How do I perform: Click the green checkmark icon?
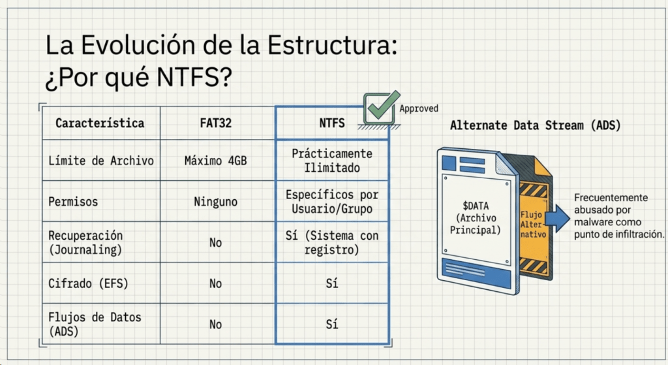click(x=382, y=108)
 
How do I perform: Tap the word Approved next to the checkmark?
click(x=419, y=108)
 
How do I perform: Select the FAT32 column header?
click(x=215, y=123)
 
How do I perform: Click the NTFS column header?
click(x=332, y=123)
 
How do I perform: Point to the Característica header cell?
click(x=100, y=123)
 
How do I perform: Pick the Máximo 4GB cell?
click(x=215, y=161)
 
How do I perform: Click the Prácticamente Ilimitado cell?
click(x=332, y=161)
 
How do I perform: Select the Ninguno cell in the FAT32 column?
click(x=215, y=202)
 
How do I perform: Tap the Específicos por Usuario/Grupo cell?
click(x=332, y=202)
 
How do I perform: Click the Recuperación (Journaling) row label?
click(x=85, y=243)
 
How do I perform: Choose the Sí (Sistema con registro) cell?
click(x=332, y=243)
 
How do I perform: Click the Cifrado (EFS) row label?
click(x=88, y=283)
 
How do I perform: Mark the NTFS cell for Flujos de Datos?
click(x=332, y=325)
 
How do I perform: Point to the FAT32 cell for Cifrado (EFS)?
click(x=215, y=283)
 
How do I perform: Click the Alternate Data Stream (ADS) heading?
click(x=536, y=125)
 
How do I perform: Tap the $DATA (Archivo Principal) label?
click(x=476, y=218)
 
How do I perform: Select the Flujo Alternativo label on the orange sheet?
click(x=532, y=225)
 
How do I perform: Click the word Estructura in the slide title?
click(x=332, y=45)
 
